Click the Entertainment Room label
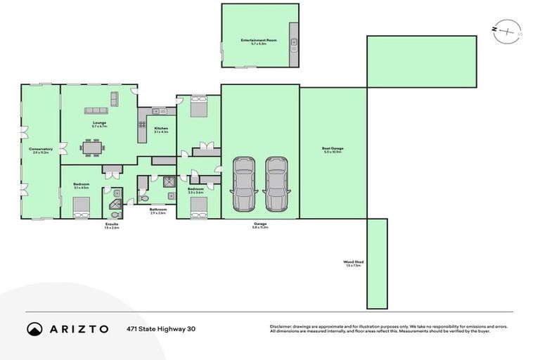pyautogui.click(x=258, y=41)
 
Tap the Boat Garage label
pyautogui.click(x=333, y=150)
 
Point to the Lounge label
pyautogui.click(x=99, y=124)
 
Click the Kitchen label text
pyautogui.click(x=161, y=129)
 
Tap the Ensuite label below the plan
pyautogui.click(x=112, y=225)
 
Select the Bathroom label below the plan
pyautogui.click(x=157, y=211)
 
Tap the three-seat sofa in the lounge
pyautogui.click(x=98, y=110)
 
